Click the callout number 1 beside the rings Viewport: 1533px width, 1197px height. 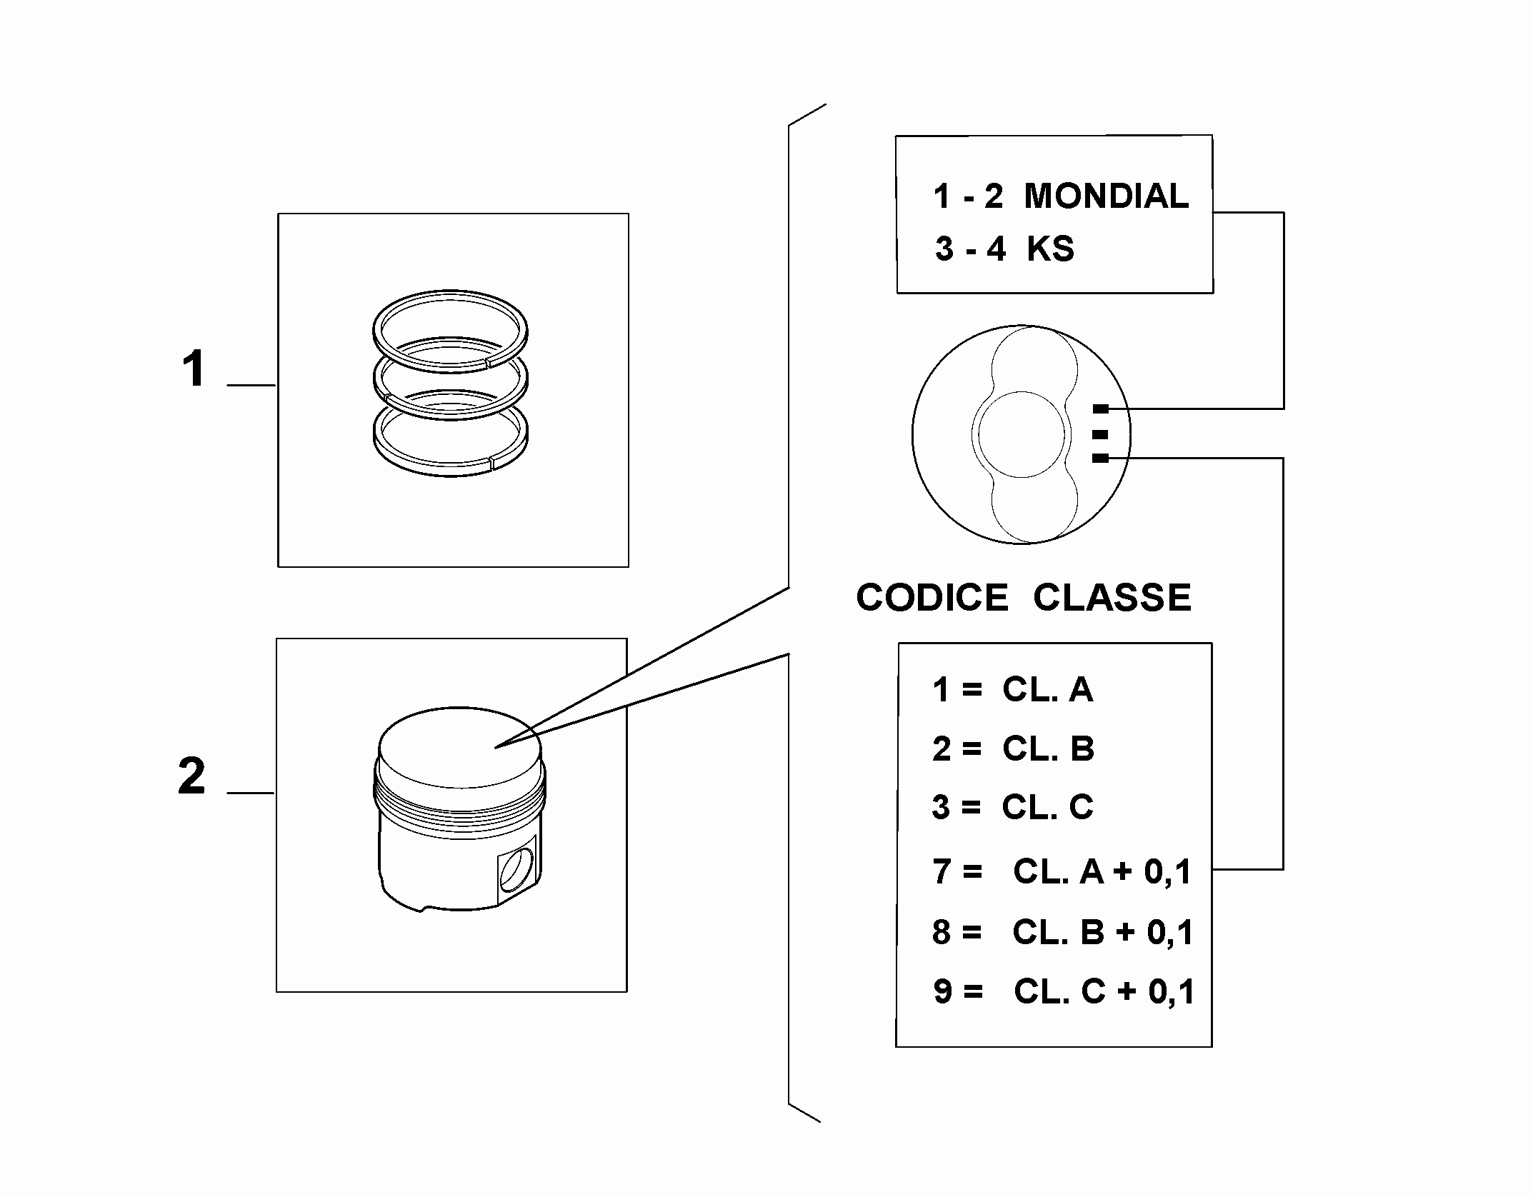pyautogui.click(x=194, y=369)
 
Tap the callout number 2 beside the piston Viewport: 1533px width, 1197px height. pyautogui.click(x=192, y=776)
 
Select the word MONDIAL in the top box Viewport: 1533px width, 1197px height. pyautogui.click(x=1107, y=196)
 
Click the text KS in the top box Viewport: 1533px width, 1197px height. pyautogui.click(x=1050, y=249)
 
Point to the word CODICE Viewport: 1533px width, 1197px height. pyautogui.click(x=932, y=597)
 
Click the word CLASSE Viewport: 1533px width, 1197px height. pyautogui.click(x=1112, y=597)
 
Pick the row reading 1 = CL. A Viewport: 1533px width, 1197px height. pyautogui.click(x=1012, y=690)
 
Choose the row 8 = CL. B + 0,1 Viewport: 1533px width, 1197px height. pyautogui.click(x=1062, y=932)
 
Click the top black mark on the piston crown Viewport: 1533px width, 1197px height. pyautogui.click(x=1101, y=409)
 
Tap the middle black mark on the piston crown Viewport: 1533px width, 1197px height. pyautogui.click(x=1101, y=434)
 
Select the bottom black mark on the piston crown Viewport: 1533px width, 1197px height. pyautogui.click(x=1101, y=459)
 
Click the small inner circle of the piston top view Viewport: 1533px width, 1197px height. pyautogui.click(x=1022, y=435)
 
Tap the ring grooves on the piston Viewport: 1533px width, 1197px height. pyautogui.click(x=459, y=800)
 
